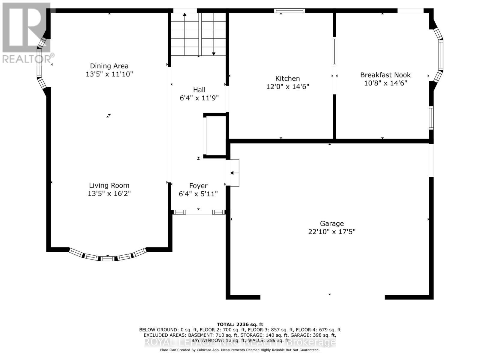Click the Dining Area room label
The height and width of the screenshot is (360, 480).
coord(109,66)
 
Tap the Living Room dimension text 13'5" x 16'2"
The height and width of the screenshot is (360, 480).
coord(109,193)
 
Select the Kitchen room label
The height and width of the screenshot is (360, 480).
coord(287,79)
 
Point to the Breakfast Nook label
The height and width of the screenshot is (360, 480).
coord(385,75)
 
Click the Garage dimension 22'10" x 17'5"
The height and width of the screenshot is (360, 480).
coord(331,232)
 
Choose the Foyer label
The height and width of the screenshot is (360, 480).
coord(198,186)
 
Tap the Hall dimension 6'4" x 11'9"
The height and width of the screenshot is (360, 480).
coord(199,98)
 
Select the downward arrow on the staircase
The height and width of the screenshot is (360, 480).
coord(214,53)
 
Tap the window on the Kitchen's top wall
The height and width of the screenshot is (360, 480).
coord(289,11)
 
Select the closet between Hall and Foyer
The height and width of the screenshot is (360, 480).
coord(215,136)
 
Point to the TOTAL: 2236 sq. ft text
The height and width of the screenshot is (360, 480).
coord(240,324)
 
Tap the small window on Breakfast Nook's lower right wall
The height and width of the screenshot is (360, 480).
coord(431,118)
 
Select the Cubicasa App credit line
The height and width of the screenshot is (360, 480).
coord(240,350)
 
